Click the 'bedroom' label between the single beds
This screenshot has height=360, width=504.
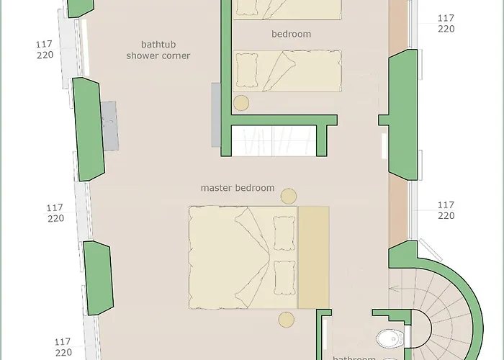[291, 34]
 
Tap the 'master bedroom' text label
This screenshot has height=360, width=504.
[238, 188]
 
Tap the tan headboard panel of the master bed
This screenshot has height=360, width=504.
[313, 258]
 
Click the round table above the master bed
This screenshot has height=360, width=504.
[289, 196]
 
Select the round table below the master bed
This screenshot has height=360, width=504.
[286, 320]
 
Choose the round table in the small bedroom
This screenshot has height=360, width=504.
[241, 103]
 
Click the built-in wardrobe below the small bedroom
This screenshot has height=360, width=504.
[274, 140]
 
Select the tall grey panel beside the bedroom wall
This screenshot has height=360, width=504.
[215, 114]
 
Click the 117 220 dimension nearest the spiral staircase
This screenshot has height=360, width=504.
[446, 210]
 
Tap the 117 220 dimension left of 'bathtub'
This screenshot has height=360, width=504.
[44, 50]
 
